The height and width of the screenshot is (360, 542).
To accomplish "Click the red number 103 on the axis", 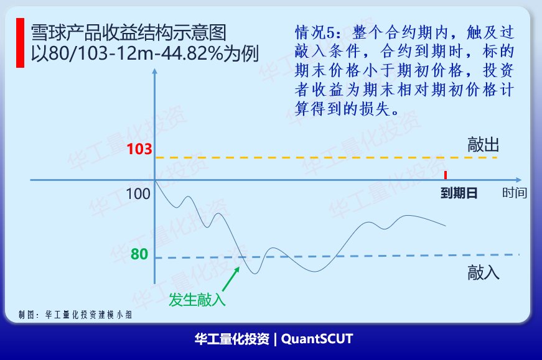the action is [139, 149].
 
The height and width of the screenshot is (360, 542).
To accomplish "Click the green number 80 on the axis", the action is [139, 254].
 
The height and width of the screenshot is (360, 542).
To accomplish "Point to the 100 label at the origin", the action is [138, 194].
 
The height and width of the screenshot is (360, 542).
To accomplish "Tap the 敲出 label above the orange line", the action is [484, 144].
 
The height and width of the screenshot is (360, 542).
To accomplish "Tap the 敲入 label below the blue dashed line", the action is [484, 272].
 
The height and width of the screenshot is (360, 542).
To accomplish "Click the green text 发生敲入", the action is [197, 300].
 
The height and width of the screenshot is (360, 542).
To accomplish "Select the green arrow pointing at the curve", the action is [231, 279].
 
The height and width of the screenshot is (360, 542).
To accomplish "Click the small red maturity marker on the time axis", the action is [446, 175].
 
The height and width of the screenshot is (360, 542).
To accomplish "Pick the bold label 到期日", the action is [459, 193].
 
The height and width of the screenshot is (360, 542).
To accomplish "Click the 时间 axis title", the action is [515, 193].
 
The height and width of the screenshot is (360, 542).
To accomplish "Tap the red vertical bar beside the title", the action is [21, 43].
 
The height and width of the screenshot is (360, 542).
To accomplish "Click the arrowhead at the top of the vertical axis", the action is [154, 70].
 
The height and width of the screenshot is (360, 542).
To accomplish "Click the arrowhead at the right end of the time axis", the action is [519, 180].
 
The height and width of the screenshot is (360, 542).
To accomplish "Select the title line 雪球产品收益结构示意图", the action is [129, 33].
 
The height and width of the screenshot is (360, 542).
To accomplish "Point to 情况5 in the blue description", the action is [315, 32].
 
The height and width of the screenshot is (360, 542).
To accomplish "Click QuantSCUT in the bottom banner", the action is [317, 339].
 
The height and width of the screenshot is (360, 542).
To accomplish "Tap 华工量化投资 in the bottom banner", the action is [232, 339].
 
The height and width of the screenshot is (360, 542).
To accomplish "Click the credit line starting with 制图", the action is [75, 315].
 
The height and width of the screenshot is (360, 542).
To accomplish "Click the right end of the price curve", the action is [446, 226].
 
